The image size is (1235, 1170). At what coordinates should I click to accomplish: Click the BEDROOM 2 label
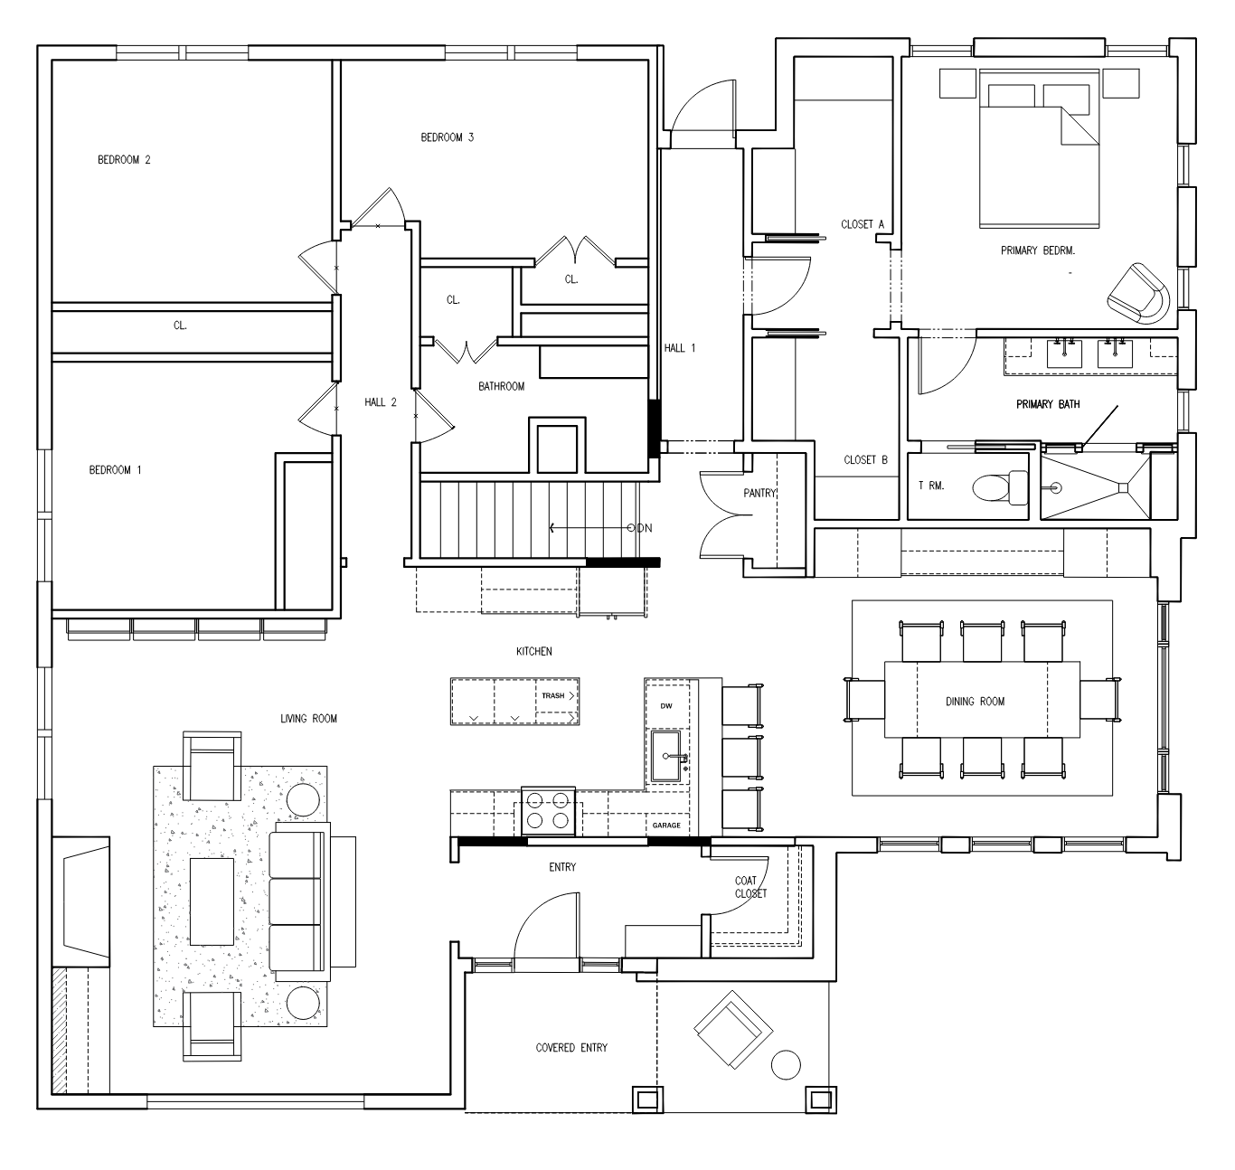click(x=124, y=160)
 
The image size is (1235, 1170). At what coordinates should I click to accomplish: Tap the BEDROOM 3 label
click(x=447, y=137)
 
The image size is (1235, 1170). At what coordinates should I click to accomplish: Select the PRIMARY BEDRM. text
click(x=1037, y=250)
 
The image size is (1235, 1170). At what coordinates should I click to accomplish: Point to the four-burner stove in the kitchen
click(x=548, y=810)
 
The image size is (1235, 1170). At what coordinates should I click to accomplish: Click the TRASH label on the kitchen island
click(x=552, y=695)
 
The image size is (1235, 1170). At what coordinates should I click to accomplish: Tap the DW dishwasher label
click(x=666, y=705)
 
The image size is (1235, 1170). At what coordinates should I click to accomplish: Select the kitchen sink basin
click(x=665, y=756)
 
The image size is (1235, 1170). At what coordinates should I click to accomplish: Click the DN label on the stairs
click(x=645, y=528)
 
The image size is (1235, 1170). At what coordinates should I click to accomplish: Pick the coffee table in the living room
click(x=212, y=901)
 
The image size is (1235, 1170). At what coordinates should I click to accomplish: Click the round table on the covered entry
click(x=786, y=1064)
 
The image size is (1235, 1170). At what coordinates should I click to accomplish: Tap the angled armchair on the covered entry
click(x=732, y=1029)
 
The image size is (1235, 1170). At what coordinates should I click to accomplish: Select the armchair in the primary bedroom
click(x=1137, y=294)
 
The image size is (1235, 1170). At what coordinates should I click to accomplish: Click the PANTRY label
click(x=760, y=494)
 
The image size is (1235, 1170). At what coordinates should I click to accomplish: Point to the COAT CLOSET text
click(x=750, y=887)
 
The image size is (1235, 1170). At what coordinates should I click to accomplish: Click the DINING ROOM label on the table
click(x=975, y=702)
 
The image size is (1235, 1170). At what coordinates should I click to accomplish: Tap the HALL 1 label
click(x=680, y=347)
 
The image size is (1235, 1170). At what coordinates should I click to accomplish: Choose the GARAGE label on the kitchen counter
click(x=666, y=825)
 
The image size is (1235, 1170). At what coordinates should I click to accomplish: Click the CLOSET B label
click(x=865, y=460)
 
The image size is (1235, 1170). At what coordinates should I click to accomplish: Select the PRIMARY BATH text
click(x=1048, y=404)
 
